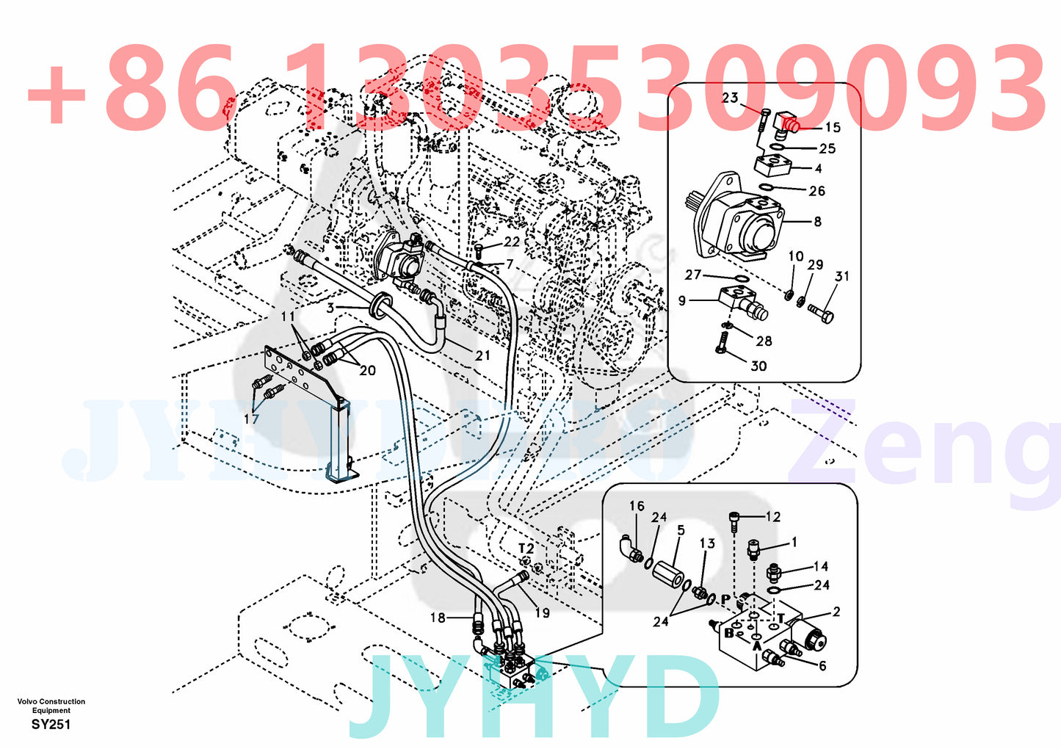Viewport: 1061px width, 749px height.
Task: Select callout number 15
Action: tap(832, 128)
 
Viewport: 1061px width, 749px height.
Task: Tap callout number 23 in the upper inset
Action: tap(729, 98)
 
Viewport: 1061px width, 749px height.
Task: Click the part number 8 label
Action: tap(817, 221)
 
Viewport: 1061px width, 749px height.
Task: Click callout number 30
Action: tap(758, 366)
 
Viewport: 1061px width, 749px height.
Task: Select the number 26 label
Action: tap(816, 191)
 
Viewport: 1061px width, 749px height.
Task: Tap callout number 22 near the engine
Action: tap(511, 242)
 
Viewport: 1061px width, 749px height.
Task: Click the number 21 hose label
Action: tap(482, 355)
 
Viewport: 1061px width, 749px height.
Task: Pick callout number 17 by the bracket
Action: tap(251, 419)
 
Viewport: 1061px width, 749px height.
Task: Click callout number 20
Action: tap(367, 371)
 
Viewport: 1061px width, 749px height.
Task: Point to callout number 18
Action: tap(438, 618)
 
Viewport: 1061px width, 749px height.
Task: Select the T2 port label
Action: tap(526, 549)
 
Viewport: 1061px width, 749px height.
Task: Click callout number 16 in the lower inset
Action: tap(637, 506)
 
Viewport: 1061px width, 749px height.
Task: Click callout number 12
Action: tap(772, 517)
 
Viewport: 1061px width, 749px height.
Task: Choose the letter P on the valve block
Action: tap(725, 599)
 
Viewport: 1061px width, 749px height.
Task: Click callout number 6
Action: tap(822, 665)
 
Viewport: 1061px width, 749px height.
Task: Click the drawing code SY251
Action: tap(51, 725)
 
